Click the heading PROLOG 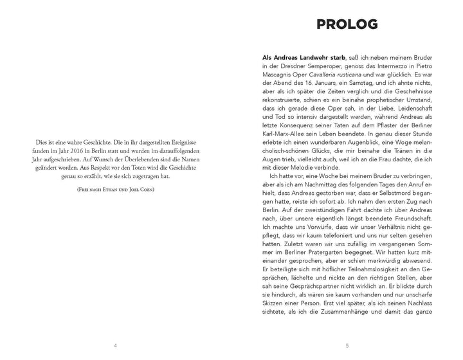pos(347,25)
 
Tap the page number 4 pos(115,345)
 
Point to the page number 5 pos(347,345)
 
